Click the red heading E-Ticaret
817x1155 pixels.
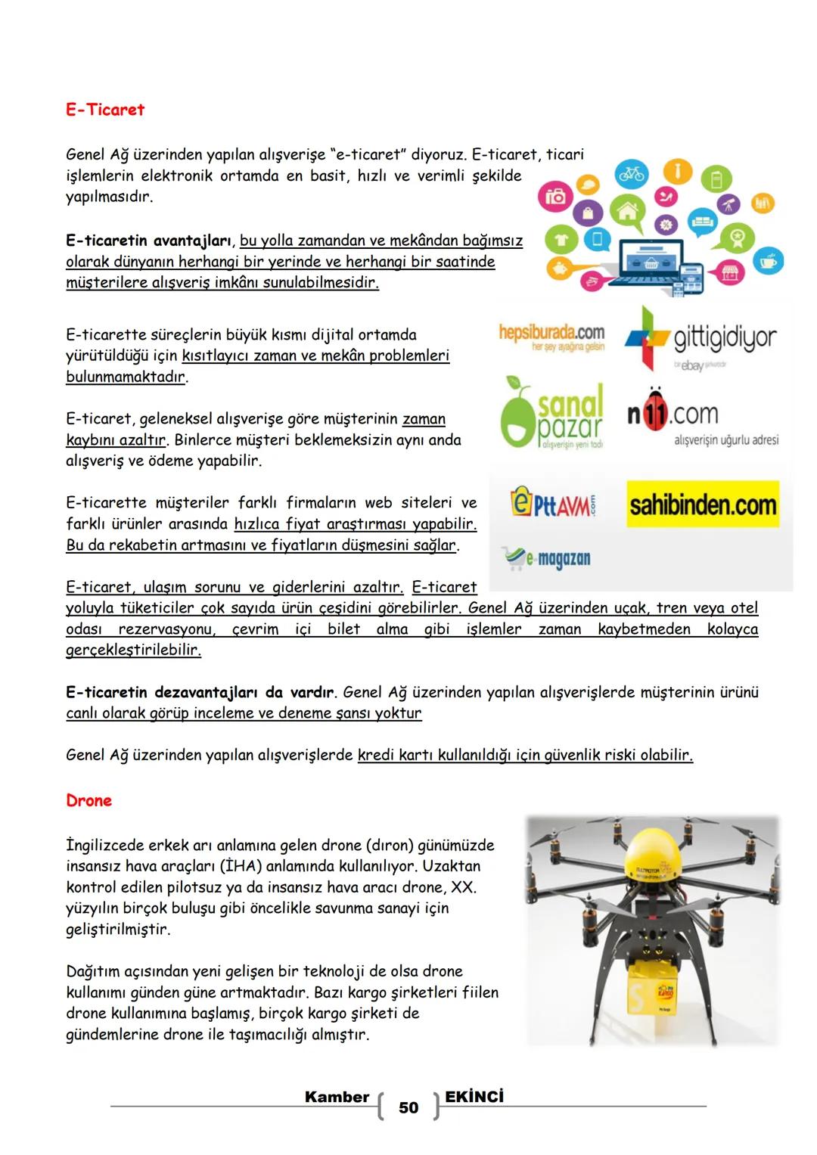pos(105,110)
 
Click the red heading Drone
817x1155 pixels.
pos(89,801)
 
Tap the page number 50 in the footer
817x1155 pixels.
pos(408,1108)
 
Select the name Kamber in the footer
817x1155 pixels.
pos(337,1097)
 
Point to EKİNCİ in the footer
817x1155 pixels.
pos(474,1097)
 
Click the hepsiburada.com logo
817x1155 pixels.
pos(551,337)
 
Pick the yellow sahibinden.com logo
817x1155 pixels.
pos(703,505)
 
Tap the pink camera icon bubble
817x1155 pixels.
pos(556,197)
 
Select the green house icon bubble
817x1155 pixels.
pos(626,211)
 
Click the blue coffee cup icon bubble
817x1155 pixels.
pos(772,261)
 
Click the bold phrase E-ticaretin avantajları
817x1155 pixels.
pos(151,241)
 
